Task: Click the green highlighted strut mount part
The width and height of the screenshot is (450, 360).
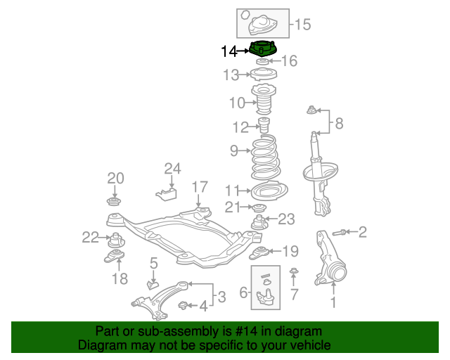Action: pyautogui.click(x=263, y=50)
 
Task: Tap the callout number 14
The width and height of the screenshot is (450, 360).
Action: pyautogui.click(x=229, y=51)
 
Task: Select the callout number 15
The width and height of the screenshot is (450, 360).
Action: pyautogui.click(x=302, y=25)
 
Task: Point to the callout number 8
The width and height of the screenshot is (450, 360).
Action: pyautogui.click(x=339, y=124)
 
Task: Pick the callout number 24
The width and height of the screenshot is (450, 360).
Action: pyautogui.click(x=172, y=168)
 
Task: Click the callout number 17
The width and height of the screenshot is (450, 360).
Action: pyautogui.click(x=200, y=187)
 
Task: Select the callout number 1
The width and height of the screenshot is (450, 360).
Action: pyautogui.click(x=334, y=304)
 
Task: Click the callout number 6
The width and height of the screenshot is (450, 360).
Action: pyautogui.click(x=244, y=292)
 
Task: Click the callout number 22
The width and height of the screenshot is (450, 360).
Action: pyautogui.click(x=90, y=238)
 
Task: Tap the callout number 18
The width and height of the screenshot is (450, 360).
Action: pyautogui.click(x=119, y=279)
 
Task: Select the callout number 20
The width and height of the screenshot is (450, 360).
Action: pyautogui.click(x=115, y=178)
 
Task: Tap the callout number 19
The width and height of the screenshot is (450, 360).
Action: pyautogui.click(x=290, y=250)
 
